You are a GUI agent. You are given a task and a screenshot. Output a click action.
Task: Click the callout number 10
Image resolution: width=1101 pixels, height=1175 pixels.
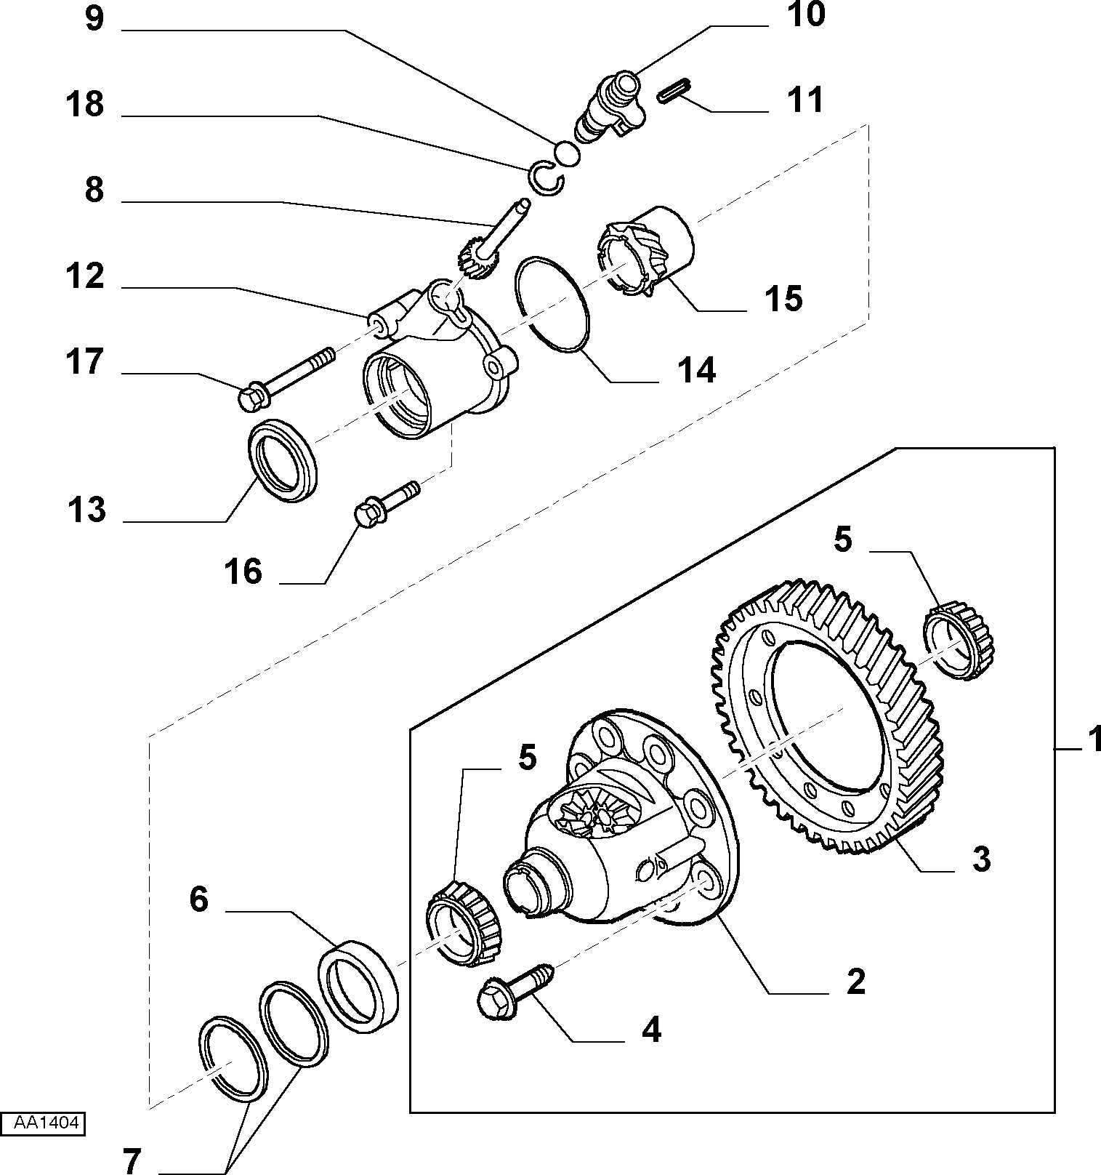pyautogui.click(x=806, y=15)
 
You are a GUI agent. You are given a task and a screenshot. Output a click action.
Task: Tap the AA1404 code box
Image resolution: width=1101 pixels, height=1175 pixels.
pyautogui.click(x=43, y=1123)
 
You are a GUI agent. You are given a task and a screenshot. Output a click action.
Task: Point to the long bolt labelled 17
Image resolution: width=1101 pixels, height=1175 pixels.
pyautogui.click(x=286, y=377)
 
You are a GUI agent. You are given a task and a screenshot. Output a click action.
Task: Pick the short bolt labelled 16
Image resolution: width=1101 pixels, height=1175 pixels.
pyautogui.click(x=386, y=502)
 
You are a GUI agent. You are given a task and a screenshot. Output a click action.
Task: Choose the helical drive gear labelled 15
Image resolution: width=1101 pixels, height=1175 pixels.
pyautogui.click(x=643, y=250)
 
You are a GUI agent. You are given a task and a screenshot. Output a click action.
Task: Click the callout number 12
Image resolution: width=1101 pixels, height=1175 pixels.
pyautogui.click(x=86, y=277)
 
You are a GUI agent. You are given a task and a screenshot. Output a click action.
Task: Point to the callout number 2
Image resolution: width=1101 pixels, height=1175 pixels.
pyautogui.click(x=857, y=982)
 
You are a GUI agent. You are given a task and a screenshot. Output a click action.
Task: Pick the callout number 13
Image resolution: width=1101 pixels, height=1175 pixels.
pyautogui.click(x=86, y=510)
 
